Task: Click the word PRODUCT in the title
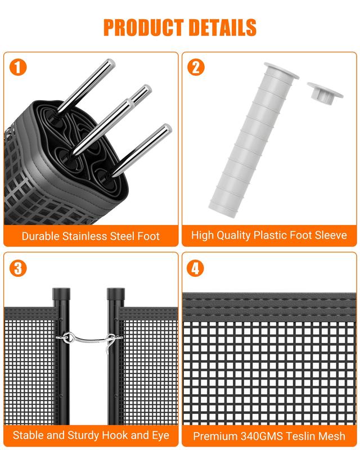[143, 27]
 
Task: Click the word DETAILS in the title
[223, 27]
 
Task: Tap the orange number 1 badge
[18, 67]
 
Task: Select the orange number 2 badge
[196, 67]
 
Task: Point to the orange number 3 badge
[18, 268]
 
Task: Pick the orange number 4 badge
[195, 268]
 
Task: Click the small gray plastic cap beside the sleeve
[325, 92]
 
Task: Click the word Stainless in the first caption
[85, 236]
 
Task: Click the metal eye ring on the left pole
[69, 337]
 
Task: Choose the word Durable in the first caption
[40, 236]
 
